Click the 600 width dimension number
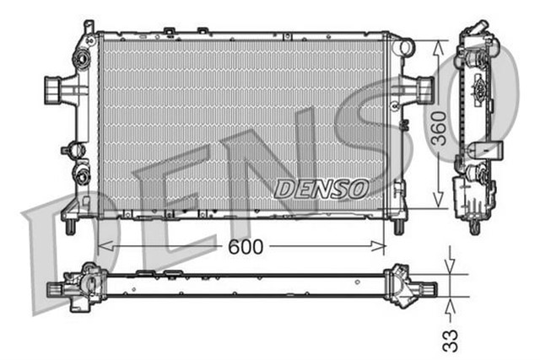click(244, 246)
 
